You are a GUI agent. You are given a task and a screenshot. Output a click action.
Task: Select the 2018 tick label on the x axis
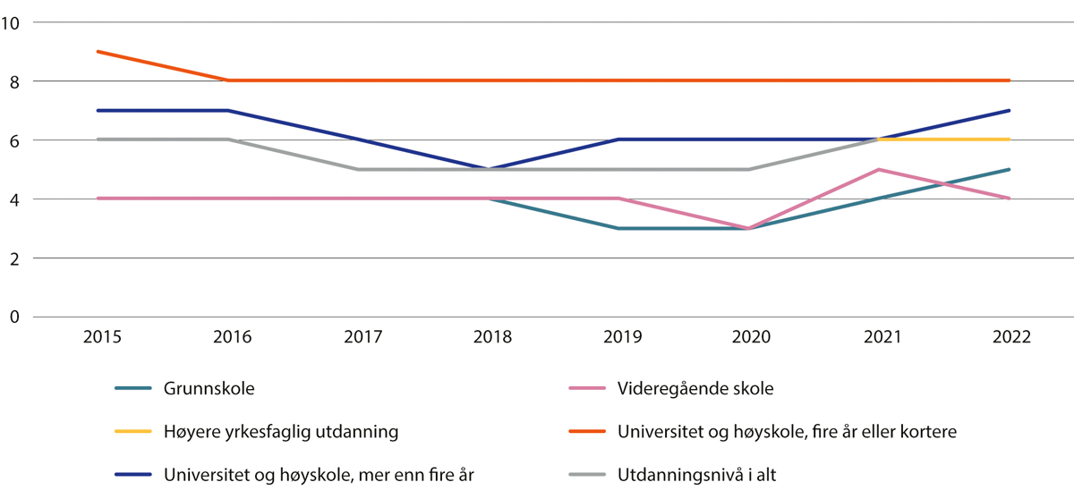491,338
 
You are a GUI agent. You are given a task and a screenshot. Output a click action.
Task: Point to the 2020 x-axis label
750,338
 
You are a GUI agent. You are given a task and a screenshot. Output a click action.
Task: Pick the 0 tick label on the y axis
15,317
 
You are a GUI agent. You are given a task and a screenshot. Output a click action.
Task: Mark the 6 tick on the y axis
15,140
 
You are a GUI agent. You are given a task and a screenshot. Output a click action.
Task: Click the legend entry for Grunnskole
208,389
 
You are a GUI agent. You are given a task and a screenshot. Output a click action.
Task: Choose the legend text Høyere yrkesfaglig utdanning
280,432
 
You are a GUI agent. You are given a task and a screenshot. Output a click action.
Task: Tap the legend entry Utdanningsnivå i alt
697,475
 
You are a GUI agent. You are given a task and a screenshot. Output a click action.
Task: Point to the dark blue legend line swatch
133,475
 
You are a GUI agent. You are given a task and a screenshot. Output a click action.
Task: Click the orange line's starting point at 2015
98,52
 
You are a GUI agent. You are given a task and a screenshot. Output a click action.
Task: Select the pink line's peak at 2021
880,169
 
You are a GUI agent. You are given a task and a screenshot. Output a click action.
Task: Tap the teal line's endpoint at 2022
1010,169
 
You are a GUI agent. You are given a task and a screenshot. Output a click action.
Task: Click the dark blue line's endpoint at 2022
1010,111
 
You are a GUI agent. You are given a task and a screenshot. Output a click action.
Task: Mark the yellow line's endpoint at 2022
1010,140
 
